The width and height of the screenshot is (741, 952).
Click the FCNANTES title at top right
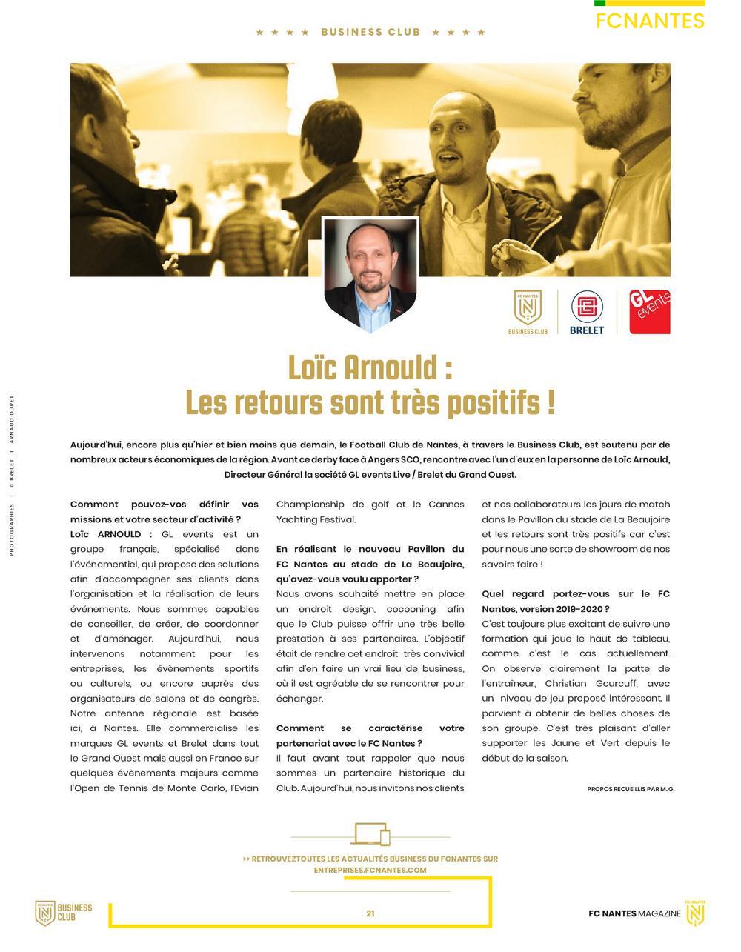[x=649, y=21]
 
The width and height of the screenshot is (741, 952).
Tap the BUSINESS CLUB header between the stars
[x=370, y=33]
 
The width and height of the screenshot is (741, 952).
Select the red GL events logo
[x=650, y=312]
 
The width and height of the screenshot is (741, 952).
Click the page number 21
[x=370, y=913]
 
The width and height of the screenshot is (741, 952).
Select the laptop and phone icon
[x=372, y=834]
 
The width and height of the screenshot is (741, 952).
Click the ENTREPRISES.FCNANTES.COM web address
[x=370, y=870]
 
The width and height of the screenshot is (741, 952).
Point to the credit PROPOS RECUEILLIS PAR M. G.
[x=631, y=789]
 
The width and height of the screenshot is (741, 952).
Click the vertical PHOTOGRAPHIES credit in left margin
[x=12, y=529]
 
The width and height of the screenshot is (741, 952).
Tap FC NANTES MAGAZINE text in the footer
[x=634, y=913]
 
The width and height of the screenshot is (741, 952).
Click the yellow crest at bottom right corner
[x=695, y=913]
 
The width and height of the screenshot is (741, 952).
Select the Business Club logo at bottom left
[x=64, y=913]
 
